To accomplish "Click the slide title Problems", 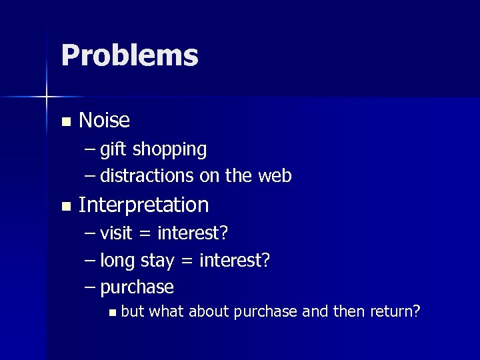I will [x=129, y=56].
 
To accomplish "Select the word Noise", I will [x=104, y=121].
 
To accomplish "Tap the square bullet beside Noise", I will [x=65, y=122].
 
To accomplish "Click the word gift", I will [x=114, y=150].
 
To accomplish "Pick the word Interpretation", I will [x=143, y=205].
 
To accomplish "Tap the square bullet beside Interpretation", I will [x=65, y=207].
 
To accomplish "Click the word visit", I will [x=116, y=233].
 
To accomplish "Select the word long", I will [x=117, y=261].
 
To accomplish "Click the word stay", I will [x=158, y=261].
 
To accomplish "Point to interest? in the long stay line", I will [x=234, y=260].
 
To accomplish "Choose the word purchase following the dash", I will [x=137, y=288].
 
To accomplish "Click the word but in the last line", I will [x=133, y=311].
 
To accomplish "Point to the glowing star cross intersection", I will [x=47, y=97].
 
